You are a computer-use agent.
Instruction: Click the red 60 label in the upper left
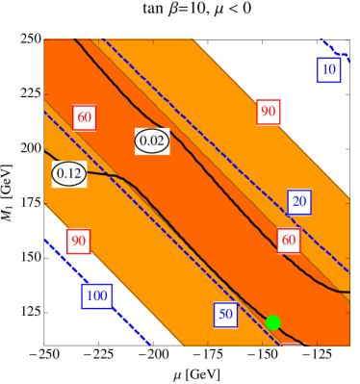[85, 117]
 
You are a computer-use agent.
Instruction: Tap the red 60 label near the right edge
[288, 240]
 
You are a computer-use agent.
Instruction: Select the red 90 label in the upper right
[269, 112]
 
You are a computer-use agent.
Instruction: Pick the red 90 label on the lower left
[79, 240]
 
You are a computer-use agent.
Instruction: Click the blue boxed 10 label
[328, 69]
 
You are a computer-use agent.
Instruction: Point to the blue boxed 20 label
[299, 202]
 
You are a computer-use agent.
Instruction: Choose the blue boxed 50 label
[225, 314]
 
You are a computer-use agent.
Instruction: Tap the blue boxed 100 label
[97, 295]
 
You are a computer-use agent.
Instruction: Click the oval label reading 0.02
[152, 141]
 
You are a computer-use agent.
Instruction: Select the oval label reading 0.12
[69, 174]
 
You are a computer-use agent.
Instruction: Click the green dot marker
[272, 322]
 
